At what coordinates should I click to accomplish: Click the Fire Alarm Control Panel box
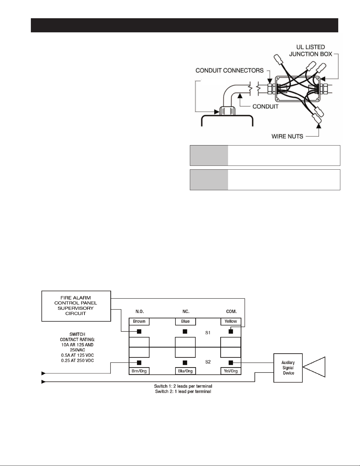pyautogui.click(x=76, y=306)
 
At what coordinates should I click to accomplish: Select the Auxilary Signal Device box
pyautogui.click(x=288, y=368)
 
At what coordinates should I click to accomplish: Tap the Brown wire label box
pyautogui.click(x=139, y=321)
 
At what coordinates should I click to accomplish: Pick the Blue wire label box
pyautogui.click(x=185, y=321)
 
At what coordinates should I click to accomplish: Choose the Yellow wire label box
pyautogui.click(x=231, y=321)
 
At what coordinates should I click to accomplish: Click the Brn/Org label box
pyautogui.click(x=139, y=371)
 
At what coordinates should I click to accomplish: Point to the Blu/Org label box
pyautogui.click(x=185, y=371)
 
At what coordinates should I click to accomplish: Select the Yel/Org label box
pyautogui.click(x=231, y=371)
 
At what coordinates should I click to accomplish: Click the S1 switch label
pyautogui.click(x=208, y=333)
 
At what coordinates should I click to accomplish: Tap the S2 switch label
pyautogui.click(x=208, y=362)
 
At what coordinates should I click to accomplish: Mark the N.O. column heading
pyautogui.click(x=140, y=311)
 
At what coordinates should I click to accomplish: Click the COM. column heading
pyautogui.click(x=231, y=311)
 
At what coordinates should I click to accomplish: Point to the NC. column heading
pyautogui.click(x=186, y=311)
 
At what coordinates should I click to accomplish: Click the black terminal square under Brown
pyautogui.click(x=139, y=332)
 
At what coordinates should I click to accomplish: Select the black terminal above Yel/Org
pyautogui.click(x=231, y=363)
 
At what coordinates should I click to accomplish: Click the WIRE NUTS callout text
pyautogui.click(x=287, y=136)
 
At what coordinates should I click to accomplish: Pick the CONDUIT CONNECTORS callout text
pyautogui.click(x=230, y=71)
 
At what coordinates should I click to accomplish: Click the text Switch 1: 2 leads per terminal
pyautogui.click(x=183, y=386)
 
